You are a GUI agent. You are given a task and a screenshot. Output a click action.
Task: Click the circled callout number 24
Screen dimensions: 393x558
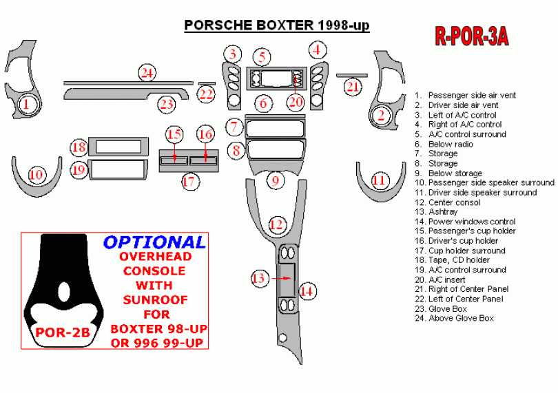145,72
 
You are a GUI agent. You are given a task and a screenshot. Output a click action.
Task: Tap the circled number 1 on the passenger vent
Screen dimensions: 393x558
25,105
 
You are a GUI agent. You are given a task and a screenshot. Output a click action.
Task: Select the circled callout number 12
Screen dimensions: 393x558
276,224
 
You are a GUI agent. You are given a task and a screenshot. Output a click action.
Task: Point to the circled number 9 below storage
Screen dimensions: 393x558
275,181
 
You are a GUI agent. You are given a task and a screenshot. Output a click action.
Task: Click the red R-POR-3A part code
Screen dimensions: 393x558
471,36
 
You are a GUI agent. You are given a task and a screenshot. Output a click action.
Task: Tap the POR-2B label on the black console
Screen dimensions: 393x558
63,332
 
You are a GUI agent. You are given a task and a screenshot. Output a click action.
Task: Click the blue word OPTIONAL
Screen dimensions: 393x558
154,242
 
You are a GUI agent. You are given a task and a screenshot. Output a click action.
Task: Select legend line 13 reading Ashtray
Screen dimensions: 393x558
442,212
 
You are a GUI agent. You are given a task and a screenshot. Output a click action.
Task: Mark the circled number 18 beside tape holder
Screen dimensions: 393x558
79,147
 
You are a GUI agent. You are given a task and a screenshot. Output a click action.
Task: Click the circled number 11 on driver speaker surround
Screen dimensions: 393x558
379,180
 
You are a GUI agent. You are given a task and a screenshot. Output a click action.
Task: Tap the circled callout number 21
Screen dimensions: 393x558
353,87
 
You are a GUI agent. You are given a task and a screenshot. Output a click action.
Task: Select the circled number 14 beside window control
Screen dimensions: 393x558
307,291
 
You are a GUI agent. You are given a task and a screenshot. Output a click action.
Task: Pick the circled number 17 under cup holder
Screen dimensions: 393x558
189,182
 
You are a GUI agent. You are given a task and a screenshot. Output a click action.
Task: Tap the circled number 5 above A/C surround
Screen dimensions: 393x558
261,57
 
